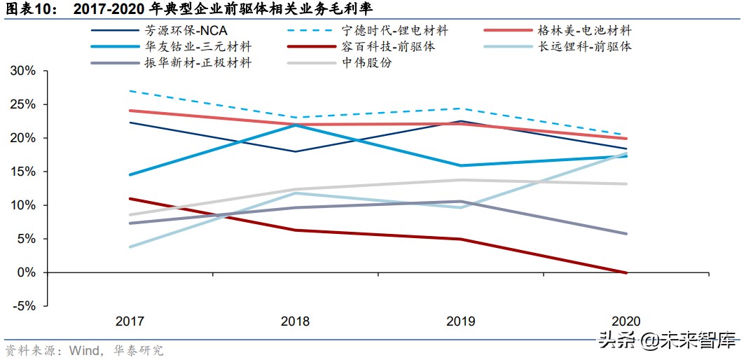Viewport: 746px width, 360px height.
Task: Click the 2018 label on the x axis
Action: (x=295, y=321)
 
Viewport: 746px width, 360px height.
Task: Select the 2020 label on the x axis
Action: (x=626, y=321)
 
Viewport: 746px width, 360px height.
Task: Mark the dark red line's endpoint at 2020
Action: (x=626, y=272)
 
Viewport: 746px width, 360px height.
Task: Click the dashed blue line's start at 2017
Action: (x=130, y=91)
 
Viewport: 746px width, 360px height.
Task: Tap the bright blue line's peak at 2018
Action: (x=295, y=125)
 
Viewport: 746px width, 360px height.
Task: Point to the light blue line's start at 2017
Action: (x=130, y=247)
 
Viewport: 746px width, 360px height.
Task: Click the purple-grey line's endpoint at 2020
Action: (x=626, y=234)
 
